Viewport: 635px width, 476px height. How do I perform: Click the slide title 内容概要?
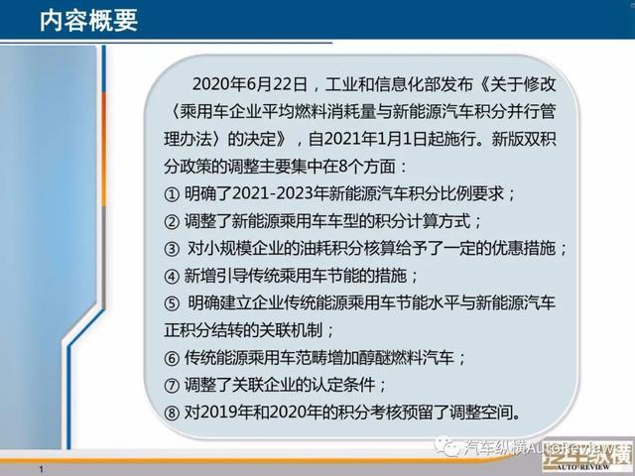(x=89, y=20)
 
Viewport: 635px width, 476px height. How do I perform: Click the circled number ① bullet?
(x=172, y=194)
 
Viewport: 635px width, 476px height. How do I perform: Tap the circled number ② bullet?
(x=172, y=221)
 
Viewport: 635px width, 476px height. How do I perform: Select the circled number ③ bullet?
(x=172, y=249)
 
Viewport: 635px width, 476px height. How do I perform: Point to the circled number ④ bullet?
(x=172, y=276)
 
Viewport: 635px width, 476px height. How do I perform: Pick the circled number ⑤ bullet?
(x=172, y=303)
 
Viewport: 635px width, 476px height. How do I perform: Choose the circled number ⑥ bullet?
(x=172, y=358)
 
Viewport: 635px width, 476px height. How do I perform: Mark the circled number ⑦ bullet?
(x=172, y=386)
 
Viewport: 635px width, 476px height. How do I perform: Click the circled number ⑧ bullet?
(x=172, y=413)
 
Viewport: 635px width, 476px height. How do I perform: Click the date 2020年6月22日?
(x=250, y=84)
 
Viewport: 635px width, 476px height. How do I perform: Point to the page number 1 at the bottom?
(x=41, y=469)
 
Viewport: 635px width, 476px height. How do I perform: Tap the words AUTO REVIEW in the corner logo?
(x=582, y=467)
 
